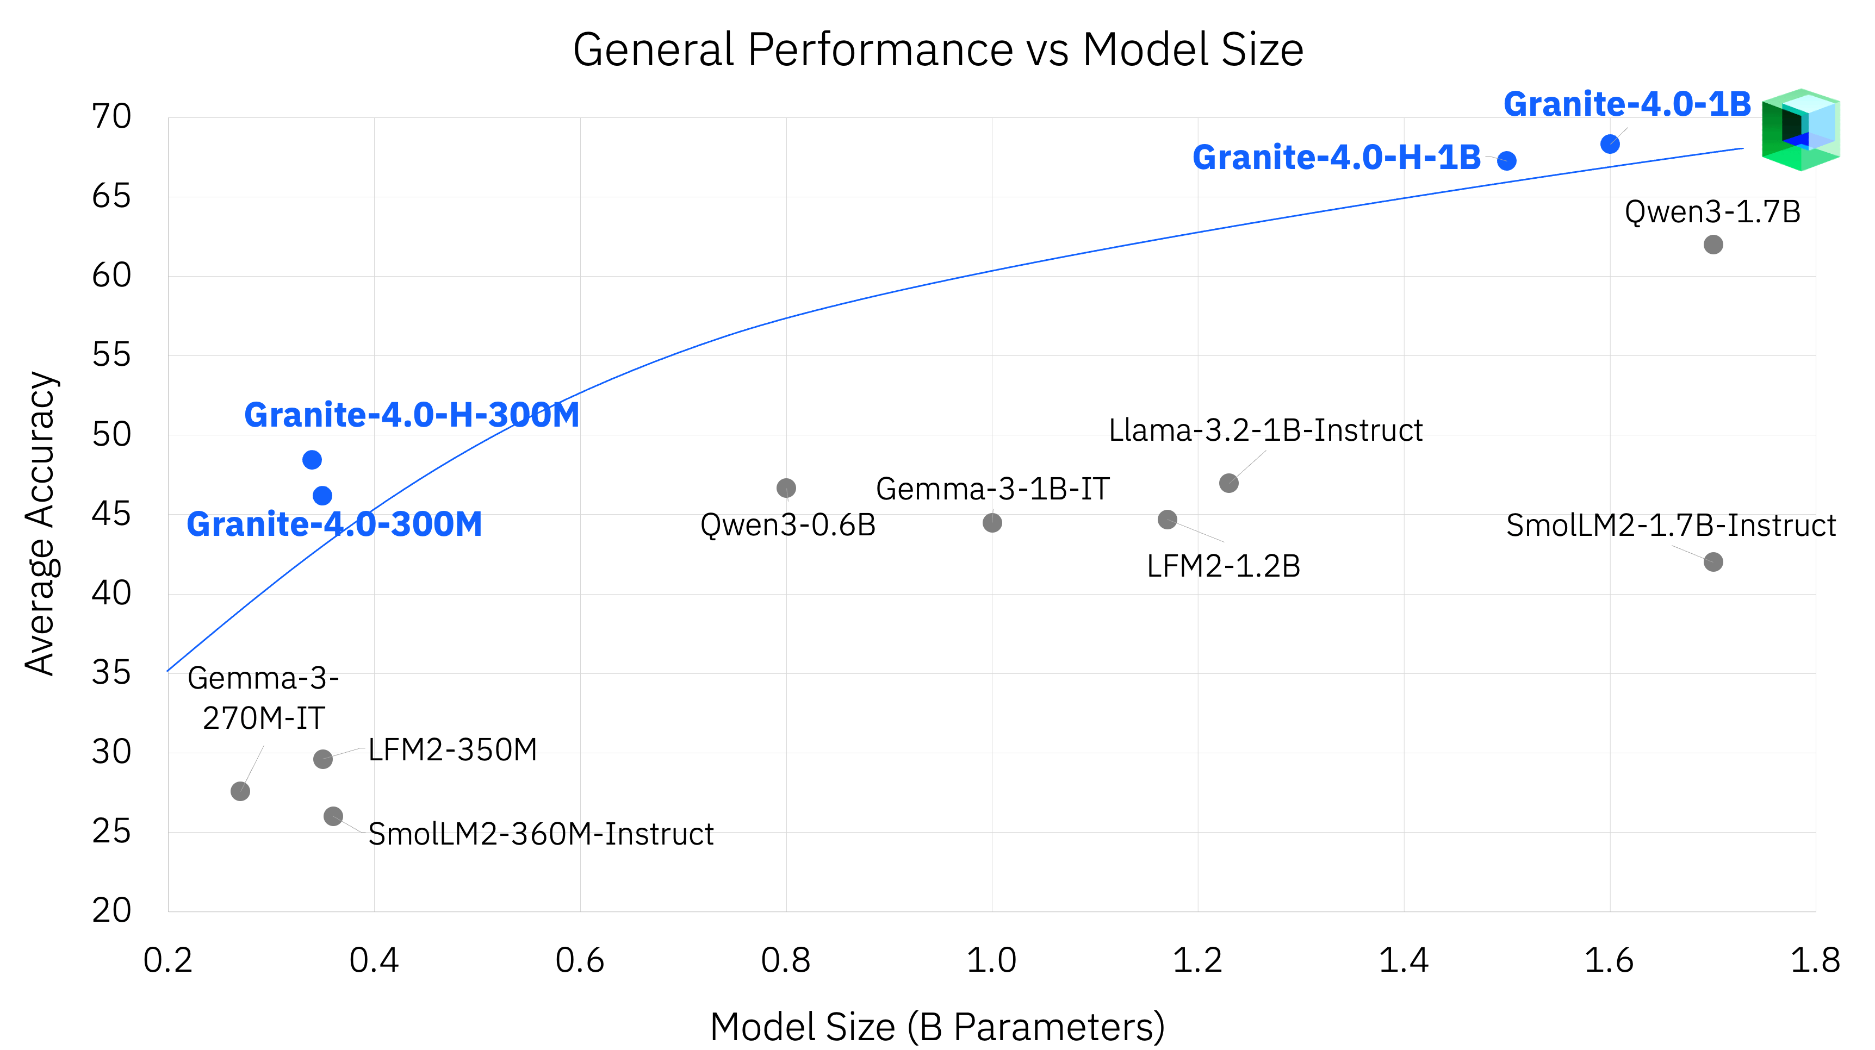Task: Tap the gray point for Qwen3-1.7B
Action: (1713, 245)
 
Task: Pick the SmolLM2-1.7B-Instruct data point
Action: (1713, 562)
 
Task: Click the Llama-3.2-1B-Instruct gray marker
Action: (1228, 483)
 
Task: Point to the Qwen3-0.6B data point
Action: (786, 487)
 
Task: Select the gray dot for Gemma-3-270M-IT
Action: (240, 791)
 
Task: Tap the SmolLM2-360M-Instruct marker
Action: (333, 816)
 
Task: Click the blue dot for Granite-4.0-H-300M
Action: (312, 460)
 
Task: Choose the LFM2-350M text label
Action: (452, 750)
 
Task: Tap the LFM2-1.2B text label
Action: (1223, 567)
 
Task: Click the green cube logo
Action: (1800, 130)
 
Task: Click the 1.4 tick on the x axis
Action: (1404, 960)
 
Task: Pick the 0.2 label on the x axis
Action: (168, 960)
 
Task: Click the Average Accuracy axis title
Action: (40, 524)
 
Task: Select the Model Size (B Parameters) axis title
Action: (937, 1027)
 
